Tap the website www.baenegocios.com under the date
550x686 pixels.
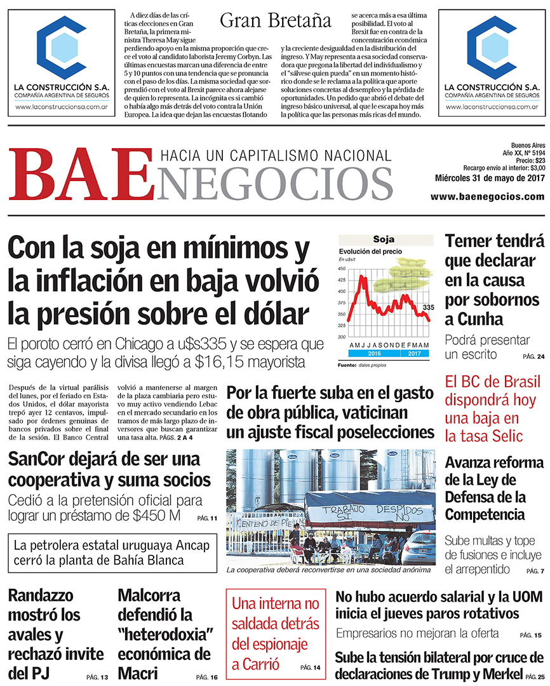(x=487, y=197)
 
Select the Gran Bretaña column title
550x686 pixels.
(x=276, y=20)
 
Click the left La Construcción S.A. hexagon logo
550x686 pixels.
(x=61, y=48)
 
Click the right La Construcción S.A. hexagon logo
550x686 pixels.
(x=492, y=48)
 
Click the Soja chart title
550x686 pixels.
(x=383, y=239)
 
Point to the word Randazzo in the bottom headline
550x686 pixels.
(x=42, y=596)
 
